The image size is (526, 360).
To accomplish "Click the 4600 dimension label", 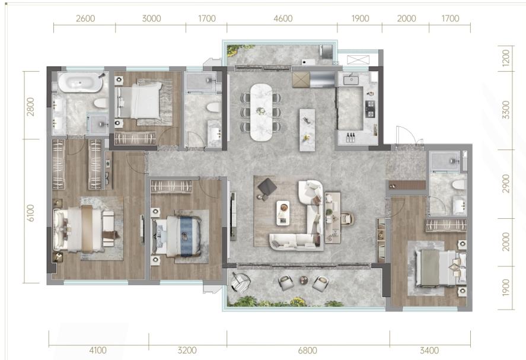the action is point(283,18).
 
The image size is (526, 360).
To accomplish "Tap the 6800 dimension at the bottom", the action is point(307,351).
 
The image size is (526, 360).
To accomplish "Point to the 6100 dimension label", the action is point(30,213).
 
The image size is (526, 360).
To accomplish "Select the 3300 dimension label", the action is point(506,110).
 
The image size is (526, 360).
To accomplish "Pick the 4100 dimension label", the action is point(98,351).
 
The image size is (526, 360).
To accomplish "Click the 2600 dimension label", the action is point(85,18).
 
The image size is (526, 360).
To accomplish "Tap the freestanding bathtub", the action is point(80,82).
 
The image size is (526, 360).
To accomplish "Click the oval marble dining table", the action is point(262,112).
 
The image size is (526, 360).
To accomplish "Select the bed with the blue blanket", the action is point(177,236).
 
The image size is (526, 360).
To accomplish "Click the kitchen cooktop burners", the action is point(369,110).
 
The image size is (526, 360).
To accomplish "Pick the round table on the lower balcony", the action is point(303,280).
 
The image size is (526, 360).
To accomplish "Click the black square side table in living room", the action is point(267,187).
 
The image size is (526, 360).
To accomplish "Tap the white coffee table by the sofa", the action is point(283,213).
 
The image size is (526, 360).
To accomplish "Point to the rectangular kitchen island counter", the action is point(307,130).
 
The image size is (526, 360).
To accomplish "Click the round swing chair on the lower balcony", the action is point(240,282).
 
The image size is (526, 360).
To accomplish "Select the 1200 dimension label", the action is point(506,58).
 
